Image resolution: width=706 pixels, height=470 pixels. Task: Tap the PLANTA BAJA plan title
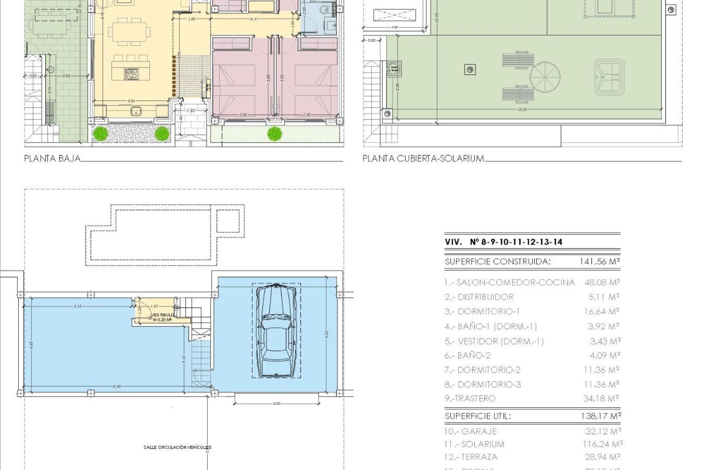(52, 159)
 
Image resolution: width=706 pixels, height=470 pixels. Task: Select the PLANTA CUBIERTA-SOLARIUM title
(423, 159)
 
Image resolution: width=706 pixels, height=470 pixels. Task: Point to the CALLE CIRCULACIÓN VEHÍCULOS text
(177, 447)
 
